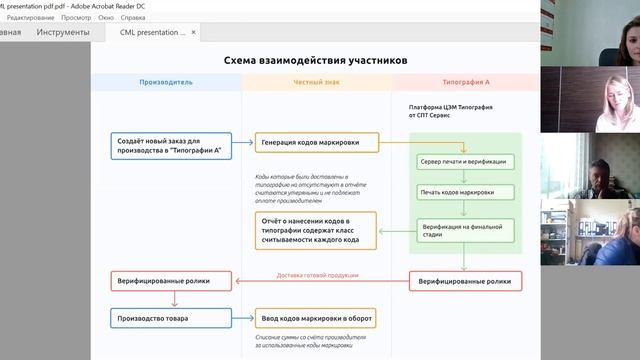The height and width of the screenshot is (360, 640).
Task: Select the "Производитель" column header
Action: pos(166,82)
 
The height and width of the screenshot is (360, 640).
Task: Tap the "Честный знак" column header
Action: pos(317,82)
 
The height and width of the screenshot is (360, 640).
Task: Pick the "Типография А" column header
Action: pos(466,82)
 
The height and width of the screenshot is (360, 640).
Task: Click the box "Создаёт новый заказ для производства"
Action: pos(170,146)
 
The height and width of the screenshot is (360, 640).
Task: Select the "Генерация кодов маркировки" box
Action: pos(316,143)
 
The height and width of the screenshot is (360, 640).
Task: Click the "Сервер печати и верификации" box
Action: pos(464,161)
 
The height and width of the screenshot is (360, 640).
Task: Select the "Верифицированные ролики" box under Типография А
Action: pos(464,282)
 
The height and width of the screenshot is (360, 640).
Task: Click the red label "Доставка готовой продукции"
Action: pos(318,275)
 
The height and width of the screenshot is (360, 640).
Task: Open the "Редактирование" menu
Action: pos(31,18)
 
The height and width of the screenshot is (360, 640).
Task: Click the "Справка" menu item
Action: pos(161,18)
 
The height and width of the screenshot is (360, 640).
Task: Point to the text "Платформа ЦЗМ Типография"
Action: pos(451,106)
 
